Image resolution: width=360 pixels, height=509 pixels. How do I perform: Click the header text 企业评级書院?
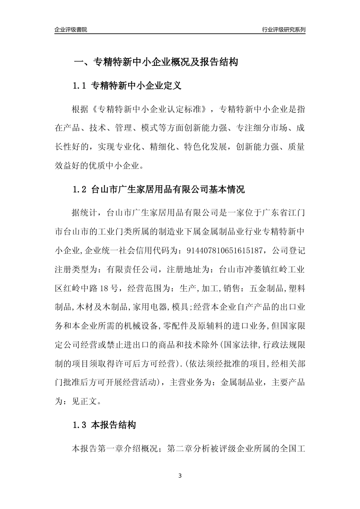click(x=71, y=30)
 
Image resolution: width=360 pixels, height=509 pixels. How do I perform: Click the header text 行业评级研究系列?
click(x=283, y=30)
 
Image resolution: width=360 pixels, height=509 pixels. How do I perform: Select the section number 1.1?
click(x=80, y=86)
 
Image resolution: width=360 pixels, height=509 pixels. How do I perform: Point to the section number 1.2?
click(x=80, y=189)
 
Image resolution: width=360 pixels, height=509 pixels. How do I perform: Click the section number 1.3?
click(x=80, y=425)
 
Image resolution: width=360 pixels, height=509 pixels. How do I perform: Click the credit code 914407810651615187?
click(x=225, y=250)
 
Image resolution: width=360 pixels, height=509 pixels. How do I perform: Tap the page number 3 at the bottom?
click(x=180, y=476)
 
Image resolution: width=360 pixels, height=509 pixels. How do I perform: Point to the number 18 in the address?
click(x=104, y=288)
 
